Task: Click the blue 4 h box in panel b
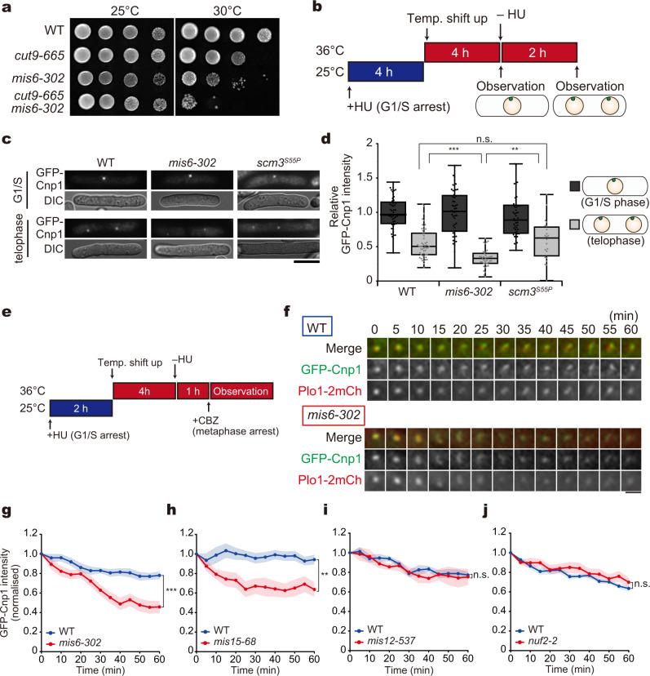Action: [x=386, y=71]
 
